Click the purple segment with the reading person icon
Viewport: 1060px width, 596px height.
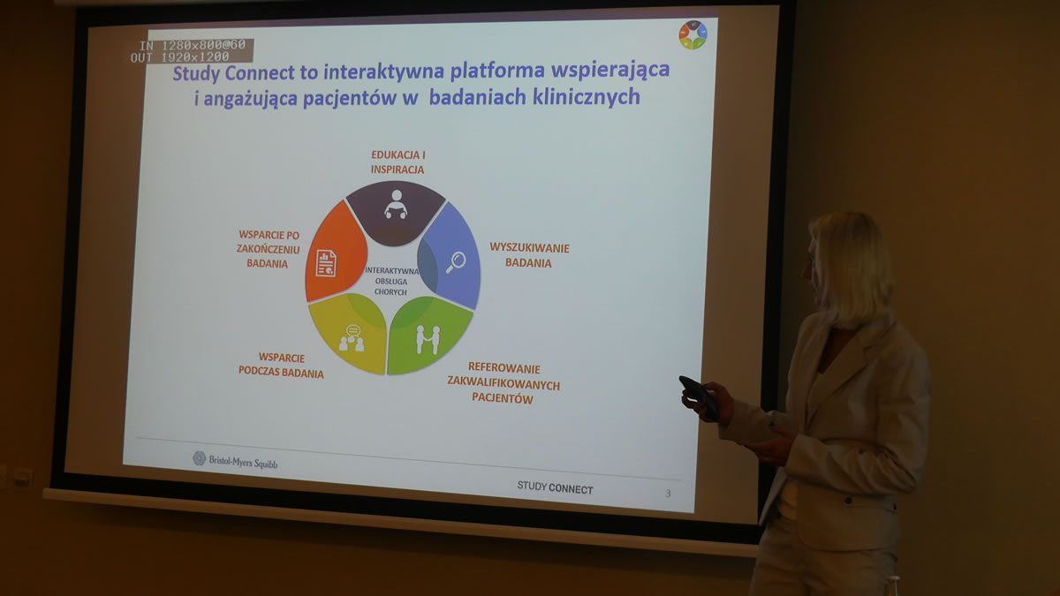(x=396, y=213)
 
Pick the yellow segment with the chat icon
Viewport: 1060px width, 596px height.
(x=350, y=334)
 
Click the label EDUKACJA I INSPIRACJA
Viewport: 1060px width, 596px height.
(x=398, y=162)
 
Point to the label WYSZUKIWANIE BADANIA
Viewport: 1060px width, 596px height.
(x=529, y=255)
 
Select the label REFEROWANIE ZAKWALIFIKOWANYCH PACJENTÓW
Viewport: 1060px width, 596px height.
(x=503, y=383)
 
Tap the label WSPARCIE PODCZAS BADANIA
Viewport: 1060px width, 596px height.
(x=281, y=366)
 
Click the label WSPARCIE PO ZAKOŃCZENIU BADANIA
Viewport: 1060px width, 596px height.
(x=268, y=249)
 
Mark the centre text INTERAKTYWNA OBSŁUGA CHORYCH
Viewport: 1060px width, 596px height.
(x=391, y=281)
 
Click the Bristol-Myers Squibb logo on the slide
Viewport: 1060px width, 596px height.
(x=235, y=460)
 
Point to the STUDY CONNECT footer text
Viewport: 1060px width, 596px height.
(x=555, y=487)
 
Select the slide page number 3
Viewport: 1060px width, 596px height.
(x=668, y=494)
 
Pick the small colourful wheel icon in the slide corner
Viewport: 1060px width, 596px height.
(x=693, y=34)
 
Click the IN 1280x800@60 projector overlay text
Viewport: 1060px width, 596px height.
(x=193, y=45)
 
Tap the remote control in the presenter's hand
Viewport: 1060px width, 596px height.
(x=700, y=396)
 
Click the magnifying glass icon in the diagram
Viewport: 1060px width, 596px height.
(x=456, y=262)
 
